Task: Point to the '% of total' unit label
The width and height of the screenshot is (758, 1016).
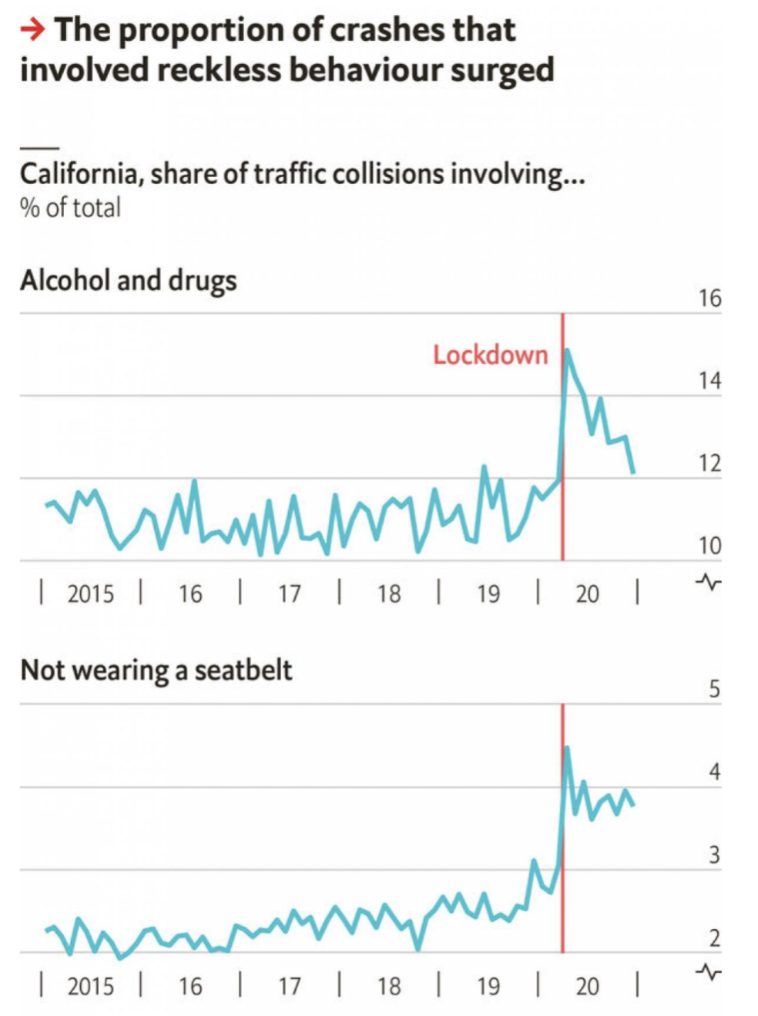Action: pos(70,208)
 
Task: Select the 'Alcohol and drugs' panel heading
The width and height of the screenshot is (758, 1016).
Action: pos(128,281)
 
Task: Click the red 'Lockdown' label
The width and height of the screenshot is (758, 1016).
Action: pos(490,356)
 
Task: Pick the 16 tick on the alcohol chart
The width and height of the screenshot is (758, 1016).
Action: pos(709,299)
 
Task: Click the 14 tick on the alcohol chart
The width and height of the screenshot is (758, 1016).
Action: pos(709,381)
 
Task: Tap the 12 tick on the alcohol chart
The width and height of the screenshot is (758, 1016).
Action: pos(709,463)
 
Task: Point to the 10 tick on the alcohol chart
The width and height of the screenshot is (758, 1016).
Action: pos(709,546)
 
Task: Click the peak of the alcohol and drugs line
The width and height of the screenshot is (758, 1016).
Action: pos(568,350)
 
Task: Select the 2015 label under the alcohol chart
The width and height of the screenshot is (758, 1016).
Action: pos(90,594)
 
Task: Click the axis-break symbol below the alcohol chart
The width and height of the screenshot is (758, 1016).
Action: pos(708,582)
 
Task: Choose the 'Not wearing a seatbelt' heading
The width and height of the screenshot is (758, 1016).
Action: pos(156,670)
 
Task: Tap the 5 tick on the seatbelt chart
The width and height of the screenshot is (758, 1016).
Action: pos(714,689)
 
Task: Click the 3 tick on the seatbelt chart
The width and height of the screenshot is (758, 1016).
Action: pos(714,855)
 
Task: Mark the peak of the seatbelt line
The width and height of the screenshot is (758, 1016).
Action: pos(567,747)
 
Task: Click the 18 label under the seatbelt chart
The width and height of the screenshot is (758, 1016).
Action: pos(389,986)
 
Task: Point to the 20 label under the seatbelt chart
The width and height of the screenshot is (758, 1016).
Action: pos(587,986)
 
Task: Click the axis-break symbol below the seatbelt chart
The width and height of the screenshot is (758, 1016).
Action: pos(708,972)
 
